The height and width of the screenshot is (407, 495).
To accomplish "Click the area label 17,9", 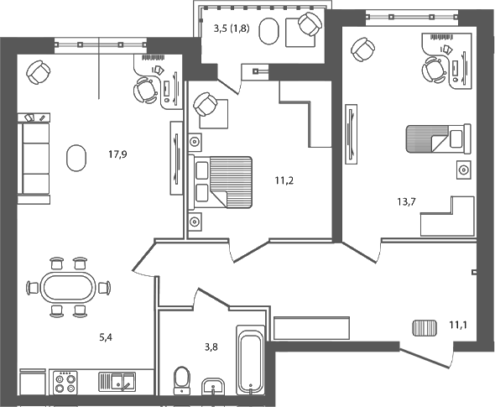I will [117, 154].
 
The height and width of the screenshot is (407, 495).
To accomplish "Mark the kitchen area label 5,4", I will [107, 338].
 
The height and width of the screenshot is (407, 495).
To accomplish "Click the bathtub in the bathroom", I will [250, 361].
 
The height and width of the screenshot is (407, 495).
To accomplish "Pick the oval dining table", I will [68, 288].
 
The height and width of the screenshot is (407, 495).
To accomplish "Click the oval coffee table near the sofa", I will [76, 156].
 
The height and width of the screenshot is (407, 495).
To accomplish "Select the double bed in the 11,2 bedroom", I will [222, 181].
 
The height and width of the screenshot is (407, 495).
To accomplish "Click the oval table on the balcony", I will [268, 31].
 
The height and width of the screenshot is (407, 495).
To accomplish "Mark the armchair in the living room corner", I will [39, 73].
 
